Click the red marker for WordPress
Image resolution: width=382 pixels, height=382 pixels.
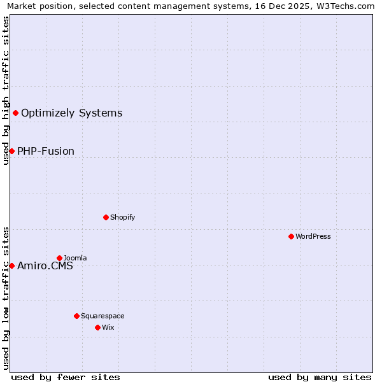pos(291,236)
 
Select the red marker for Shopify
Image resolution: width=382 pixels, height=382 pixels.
pos(106,217)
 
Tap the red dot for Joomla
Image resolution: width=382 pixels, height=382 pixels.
pos(59,258)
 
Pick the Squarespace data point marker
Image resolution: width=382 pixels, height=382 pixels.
pos(76,316)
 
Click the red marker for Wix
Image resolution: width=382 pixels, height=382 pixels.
pos(97,327)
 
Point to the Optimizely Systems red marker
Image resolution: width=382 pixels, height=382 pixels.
pos(15,113)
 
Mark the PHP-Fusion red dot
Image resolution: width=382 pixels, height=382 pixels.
pos(11,151)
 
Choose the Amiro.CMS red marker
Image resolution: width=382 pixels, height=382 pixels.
pos(11,265)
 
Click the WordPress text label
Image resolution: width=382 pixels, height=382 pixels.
pos(313,236)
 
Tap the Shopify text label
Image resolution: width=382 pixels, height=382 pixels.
pos(123,217)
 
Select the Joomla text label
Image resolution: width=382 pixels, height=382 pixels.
pos(75,258)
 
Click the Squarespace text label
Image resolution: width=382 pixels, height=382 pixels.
pos(103,316)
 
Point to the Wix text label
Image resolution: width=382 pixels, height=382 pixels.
pos(108,327)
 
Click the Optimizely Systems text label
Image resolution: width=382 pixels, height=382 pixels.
pos(71,113)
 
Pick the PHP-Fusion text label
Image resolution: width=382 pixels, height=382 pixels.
pos(46,152)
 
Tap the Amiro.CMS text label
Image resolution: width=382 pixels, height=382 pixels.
pos(45,266)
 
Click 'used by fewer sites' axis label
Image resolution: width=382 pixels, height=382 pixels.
pos(66,377)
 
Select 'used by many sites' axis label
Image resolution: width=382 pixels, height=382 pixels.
pos(320,377)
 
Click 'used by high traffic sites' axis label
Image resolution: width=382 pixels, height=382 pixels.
pos(6,90)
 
